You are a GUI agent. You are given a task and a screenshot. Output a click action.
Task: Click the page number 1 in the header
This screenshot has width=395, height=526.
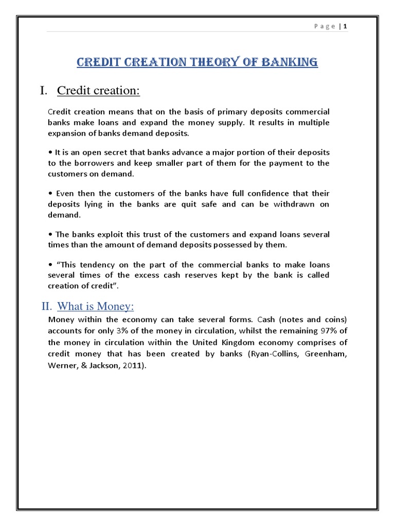(346, 26)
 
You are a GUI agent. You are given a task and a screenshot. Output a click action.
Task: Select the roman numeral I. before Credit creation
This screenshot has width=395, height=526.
(44, 91)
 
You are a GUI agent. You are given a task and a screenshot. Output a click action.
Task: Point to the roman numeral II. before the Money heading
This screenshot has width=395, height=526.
(47, 307)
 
